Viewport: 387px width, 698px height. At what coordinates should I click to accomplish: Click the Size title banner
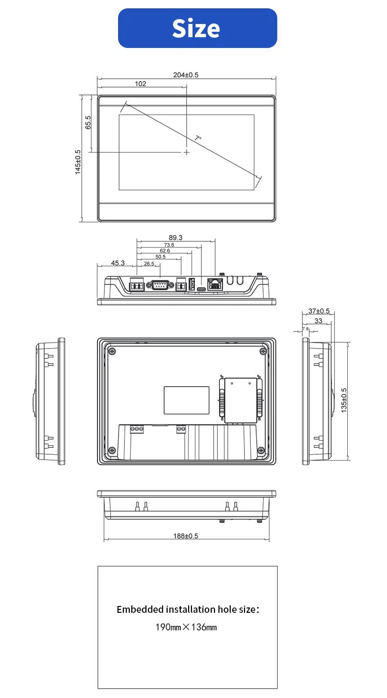[x=197, y=28]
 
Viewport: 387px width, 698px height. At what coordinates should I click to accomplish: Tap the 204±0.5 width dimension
[x=186, y=75]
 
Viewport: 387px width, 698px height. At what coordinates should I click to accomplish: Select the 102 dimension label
[x=140, y=84]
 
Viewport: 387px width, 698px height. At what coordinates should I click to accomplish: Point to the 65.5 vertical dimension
[x=88, y=122]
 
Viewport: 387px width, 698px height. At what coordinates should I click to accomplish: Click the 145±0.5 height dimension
[x=78, y=162]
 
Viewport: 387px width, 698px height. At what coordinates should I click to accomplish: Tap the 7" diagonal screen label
[x=198, y=138]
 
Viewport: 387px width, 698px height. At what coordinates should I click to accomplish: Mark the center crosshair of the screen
[x=187, y=152]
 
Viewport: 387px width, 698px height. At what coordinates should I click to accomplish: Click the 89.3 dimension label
[x=175, y=237]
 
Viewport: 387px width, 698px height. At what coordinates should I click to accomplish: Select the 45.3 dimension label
[x=118, y=263]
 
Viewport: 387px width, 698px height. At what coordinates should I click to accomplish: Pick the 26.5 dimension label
[x=149, y=264]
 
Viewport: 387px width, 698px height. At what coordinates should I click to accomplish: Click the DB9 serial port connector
[x=160, y=285]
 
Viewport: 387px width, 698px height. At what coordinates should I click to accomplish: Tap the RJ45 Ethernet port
[x=215, y=284]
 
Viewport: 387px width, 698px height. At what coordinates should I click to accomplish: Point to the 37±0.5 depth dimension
[x=319, y=311]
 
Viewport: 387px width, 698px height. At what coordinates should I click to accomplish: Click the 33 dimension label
[x=318, y=321]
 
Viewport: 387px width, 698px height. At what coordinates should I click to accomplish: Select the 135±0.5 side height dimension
[x=344, y=400]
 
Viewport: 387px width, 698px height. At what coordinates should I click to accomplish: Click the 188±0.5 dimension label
[x=186, y=536]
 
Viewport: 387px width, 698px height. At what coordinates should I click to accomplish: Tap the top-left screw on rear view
[x=112, y=351]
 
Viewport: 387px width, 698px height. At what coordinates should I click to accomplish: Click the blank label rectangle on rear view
[x=187, y=400]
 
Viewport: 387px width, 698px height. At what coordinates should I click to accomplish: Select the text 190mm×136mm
[x=186, y=627]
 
